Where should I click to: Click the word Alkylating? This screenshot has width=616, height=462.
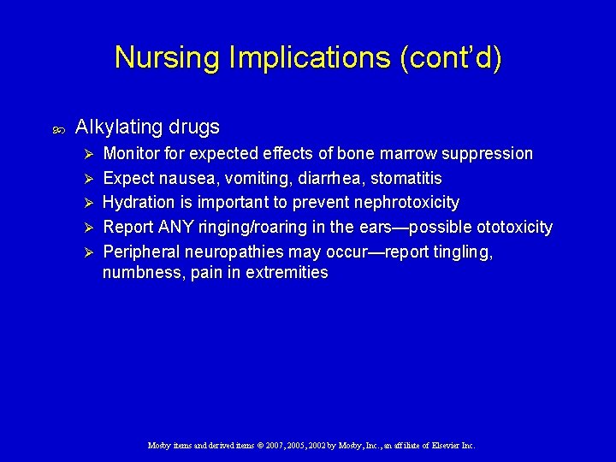(x=118, y=127)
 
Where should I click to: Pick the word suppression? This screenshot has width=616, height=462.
(x=487, y=154)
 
